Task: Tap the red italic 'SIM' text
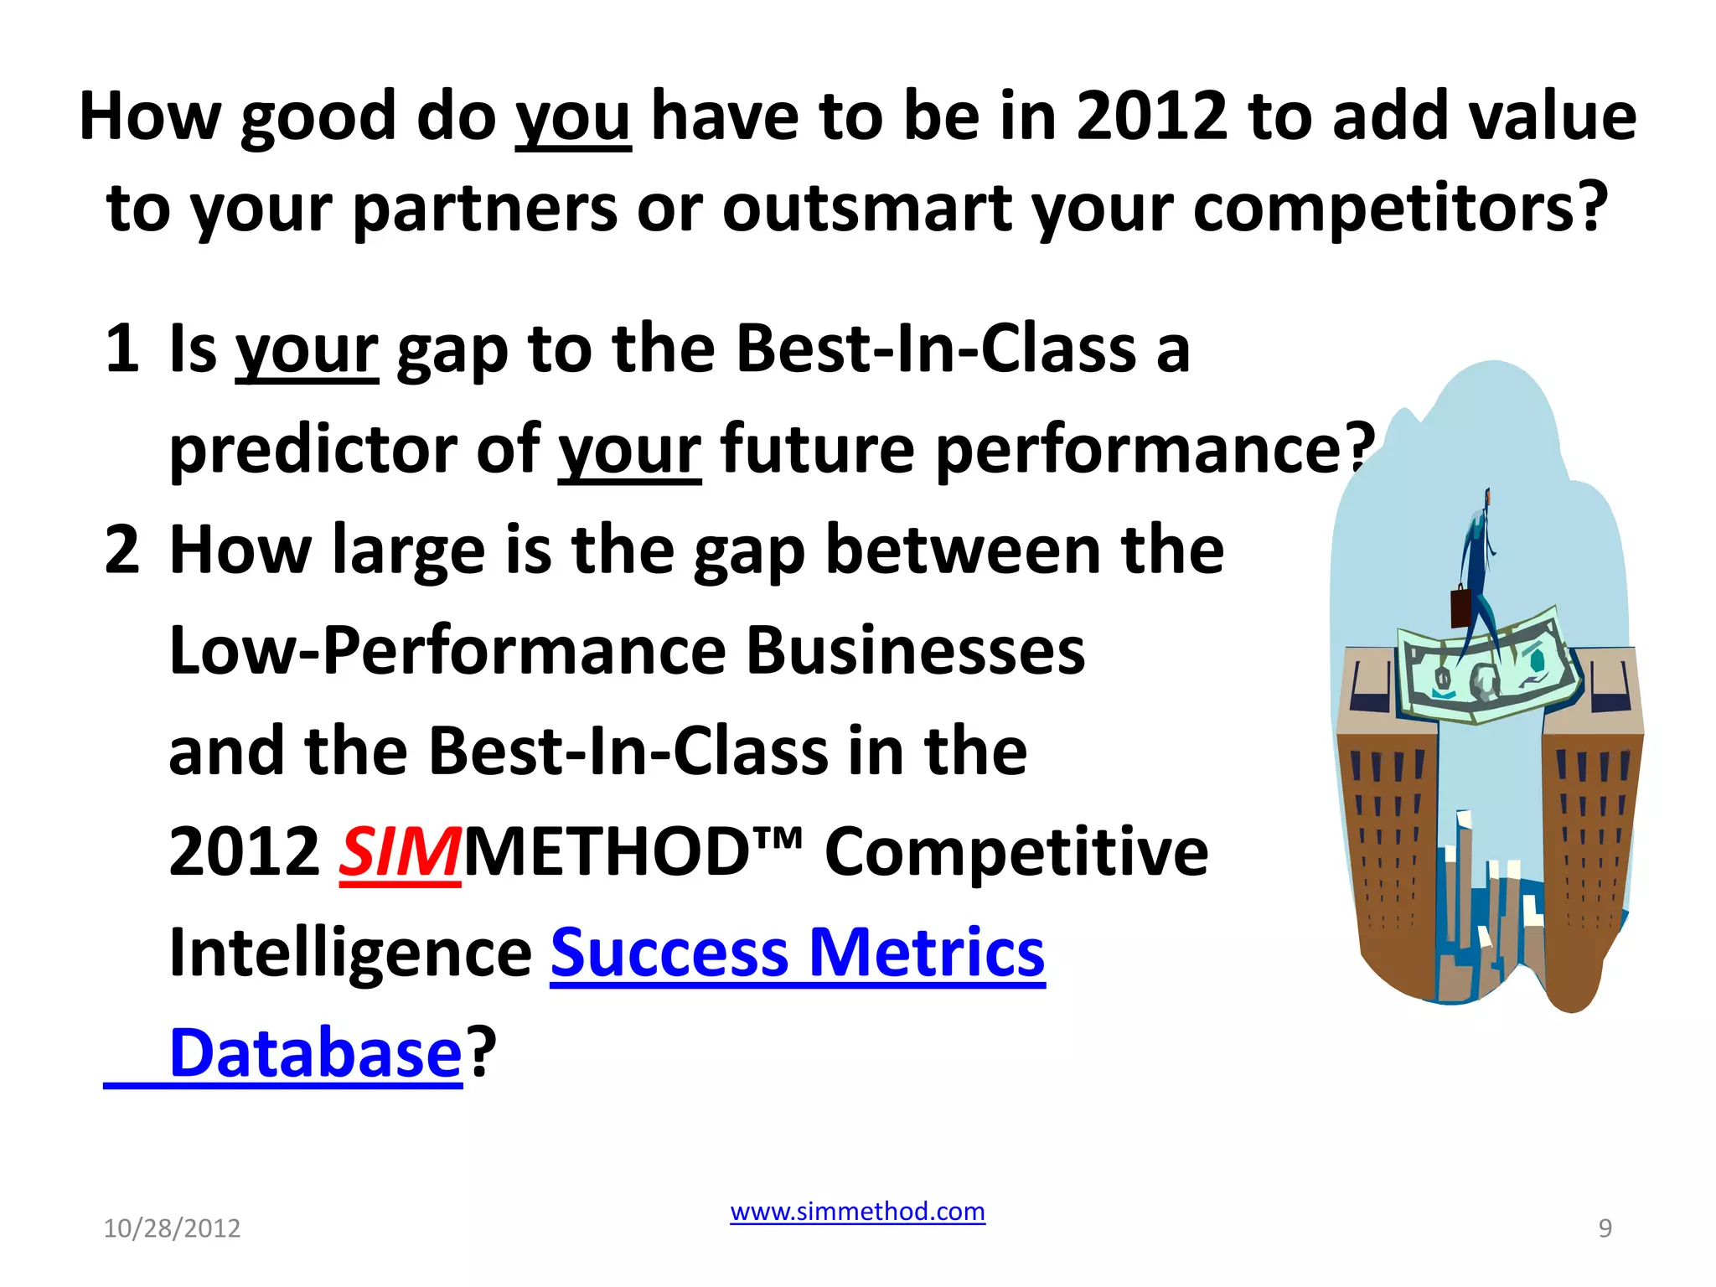pos(400,852)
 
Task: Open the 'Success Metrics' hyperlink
pos(797,953)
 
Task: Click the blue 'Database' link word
pos(315,1053)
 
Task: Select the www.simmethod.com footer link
pos(857,1212)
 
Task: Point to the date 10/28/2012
pos(172,1228)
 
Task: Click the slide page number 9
pos(1605,1228)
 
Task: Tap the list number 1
pos(122,349)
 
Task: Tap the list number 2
pos(122,550)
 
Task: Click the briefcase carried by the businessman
pos(1460,607)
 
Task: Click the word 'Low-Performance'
pos(447,651)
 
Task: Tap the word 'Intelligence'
pos(350,953)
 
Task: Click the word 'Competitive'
pos(1016,852)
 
